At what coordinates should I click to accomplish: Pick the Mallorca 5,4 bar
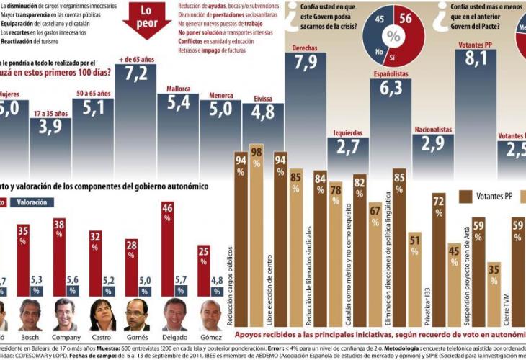178,126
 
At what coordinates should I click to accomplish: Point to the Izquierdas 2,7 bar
348,155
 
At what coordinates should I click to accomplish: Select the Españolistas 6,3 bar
391,119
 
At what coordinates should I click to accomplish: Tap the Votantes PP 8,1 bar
476,108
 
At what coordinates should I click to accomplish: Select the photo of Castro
102,315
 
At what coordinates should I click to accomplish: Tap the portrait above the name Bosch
30,315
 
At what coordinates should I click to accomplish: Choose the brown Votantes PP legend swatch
465,196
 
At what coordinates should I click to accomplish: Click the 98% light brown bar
255,230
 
